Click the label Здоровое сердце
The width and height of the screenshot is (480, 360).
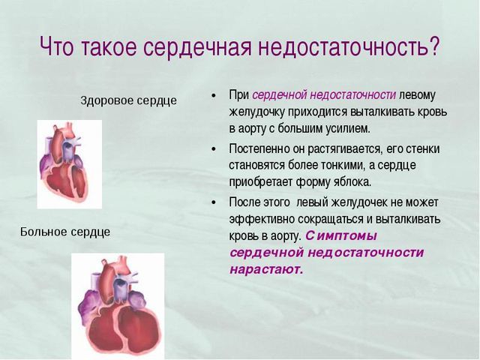129,100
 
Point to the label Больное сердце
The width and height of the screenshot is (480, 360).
65,231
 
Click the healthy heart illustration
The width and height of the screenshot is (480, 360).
69,164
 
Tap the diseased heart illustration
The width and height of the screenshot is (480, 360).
118,304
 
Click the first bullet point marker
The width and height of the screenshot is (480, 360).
214,96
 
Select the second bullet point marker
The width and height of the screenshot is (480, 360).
214,148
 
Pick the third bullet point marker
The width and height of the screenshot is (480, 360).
214,202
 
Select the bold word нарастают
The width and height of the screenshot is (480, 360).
266,268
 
